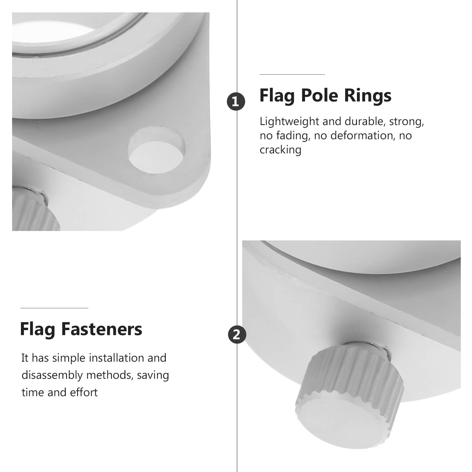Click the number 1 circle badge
pyautogui.click(x=236, y=102)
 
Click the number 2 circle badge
pyautogui.click(x=237, y=335)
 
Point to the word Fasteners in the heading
pyautogui.click(x=101, y=329)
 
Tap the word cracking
pyautogui.click(x=280, y=150)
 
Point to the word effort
pyautogui.click(x=84, y=392)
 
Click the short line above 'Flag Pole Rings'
pyautogui.click(x=292, y=75)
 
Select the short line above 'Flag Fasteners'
pyautogui.click(x=54, y=308)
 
